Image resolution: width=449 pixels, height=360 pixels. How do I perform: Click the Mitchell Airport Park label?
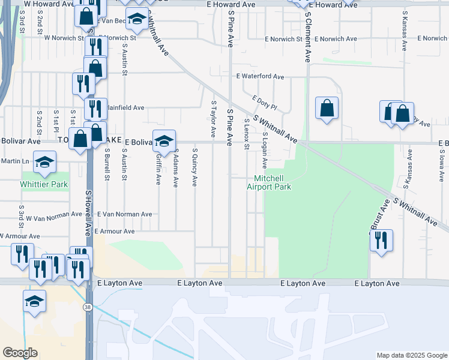coord(269,182)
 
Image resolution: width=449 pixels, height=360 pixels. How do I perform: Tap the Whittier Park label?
coord(44,184)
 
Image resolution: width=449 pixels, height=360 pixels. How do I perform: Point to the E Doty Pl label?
coord(264,103)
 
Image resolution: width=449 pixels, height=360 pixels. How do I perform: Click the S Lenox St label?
coord(247,134)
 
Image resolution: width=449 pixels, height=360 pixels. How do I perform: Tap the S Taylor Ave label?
coord(213,118)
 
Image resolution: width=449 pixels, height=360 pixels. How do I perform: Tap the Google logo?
coord(20,353)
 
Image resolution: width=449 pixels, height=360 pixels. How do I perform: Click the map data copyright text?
coord(412,355)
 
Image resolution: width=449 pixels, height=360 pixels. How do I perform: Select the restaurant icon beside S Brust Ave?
coord(381,240)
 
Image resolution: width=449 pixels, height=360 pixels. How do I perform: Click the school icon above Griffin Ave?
coord(164,141)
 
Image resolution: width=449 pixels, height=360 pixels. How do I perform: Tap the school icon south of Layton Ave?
coord(35,301)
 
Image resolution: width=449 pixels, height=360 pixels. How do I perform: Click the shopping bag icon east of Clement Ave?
coord(327,109)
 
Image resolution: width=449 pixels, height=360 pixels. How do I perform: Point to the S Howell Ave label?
coord(88,212)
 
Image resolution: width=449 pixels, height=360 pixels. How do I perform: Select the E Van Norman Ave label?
coord(125,214)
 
